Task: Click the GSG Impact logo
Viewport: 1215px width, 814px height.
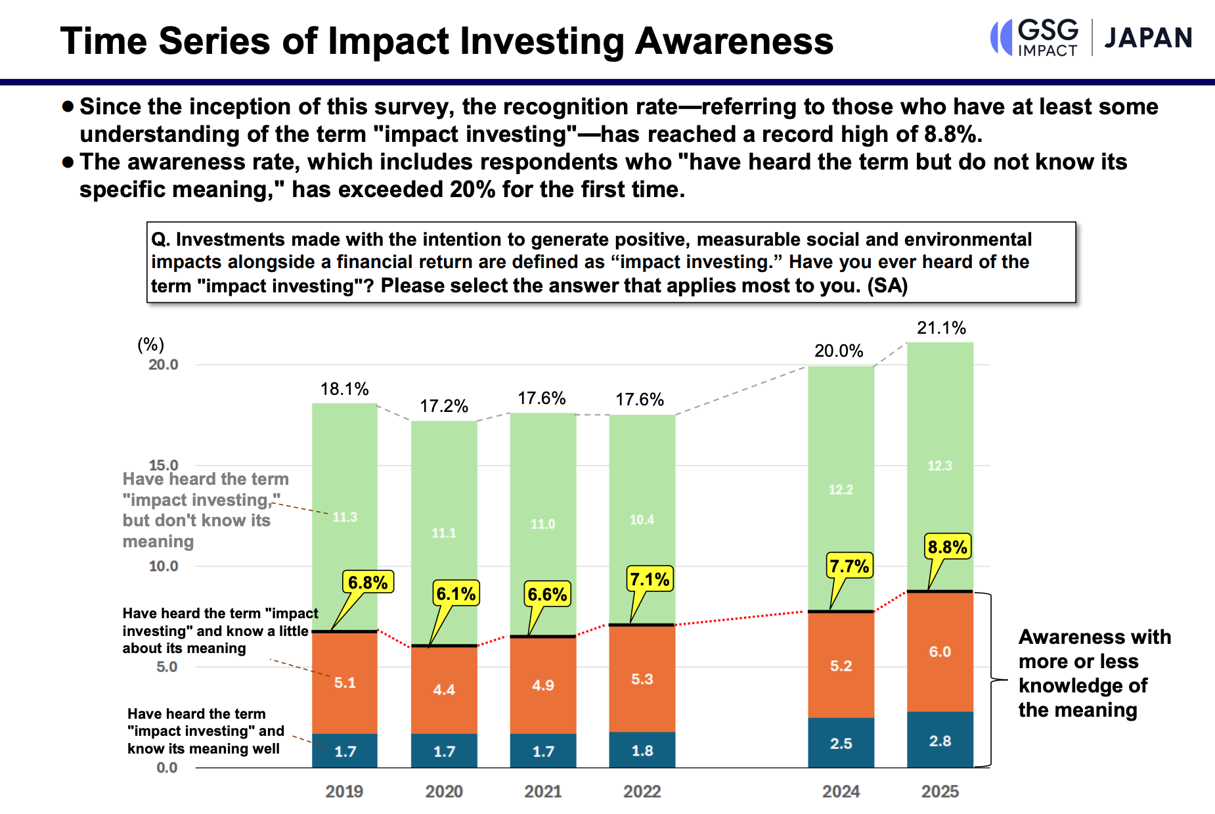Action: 1035,37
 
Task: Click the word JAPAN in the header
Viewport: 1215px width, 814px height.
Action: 1148,38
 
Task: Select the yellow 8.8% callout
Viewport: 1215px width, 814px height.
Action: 947,547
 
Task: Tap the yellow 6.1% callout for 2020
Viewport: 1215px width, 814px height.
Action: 456,594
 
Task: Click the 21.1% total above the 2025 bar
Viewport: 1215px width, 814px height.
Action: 941,328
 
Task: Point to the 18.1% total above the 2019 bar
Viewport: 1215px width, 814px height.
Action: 344,389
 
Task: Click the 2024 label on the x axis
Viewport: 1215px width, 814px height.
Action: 841,791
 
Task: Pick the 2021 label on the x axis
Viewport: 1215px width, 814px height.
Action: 542,791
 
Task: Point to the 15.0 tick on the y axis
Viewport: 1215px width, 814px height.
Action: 164,465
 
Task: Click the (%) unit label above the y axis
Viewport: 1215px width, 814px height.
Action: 150,344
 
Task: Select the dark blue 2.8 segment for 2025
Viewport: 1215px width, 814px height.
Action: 940,740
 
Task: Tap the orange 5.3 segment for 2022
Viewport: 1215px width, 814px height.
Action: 642,679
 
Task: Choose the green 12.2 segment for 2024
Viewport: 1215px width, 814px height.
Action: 841,489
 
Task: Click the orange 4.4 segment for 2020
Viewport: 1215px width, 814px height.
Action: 444,690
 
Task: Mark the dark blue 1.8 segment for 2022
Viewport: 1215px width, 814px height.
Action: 642,750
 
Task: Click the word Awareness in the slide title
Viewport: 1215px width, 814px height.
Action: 734,41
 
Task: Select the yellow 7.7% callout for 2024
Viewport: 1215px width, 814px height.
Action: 849,566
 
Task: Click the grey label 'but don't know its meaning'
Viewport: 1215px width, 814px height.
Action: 196,530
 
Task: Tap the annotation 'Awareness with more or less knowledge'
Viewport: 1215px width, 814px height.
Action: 1094,673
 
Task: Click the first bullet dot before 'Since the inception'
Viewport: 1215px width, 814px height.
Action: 68,106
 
